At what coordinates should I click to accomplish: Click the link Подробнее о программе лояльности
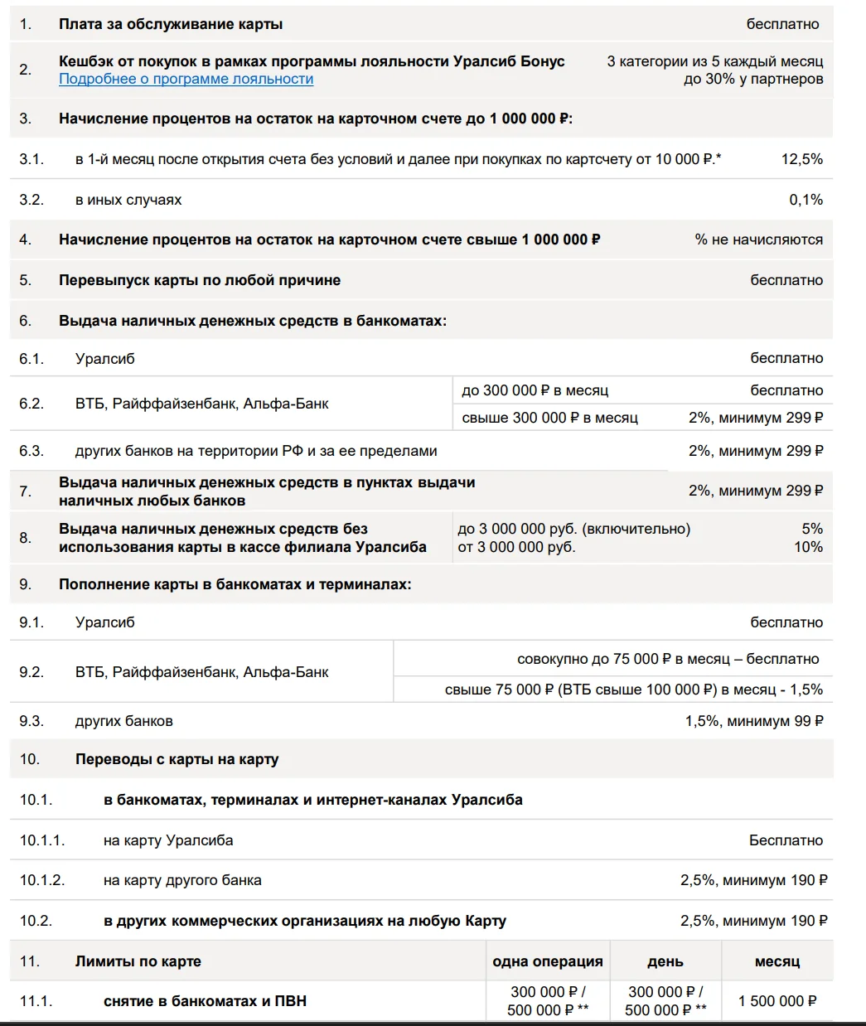(186, 79)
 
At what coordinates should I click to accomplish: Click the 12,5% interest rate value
(801, 159)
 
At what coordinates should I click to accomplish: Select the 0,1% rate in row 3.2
(806, 200)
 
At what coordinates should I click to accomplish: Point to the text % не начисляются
(758, 240)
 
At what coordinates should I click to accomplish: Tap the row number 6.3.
(31, 451)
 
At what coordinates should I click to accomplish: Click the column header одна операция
(548, 961)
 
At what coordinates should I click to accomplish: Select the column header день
(665, 961)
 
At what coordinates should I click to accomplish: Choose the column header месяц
(777, 961)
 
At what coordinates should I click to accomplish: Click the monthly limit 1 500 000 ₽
(777, 1001)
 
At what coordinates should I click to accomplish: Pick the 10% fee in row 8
(808, 547)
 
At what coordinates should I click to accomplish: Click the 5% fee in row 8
(812, 529)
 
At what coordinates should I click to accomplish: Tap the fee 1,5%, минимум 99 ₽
(754, 721)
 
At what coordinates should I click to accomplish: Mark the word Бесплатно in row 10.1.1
(786, 840)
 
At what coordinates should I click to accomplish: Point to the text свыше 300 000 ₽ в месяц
(549, 418)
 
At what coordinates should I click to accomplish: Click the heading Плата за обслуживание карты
(171, 24)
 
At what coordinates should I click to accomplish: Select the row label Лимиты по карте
(138, 961)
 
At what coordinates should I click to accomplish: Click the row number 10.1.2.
(42, 880)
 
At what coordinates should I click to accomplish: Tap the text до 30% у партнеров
(753, 80)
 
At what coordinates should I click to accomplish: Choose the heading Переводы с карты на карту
(177, 759)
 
